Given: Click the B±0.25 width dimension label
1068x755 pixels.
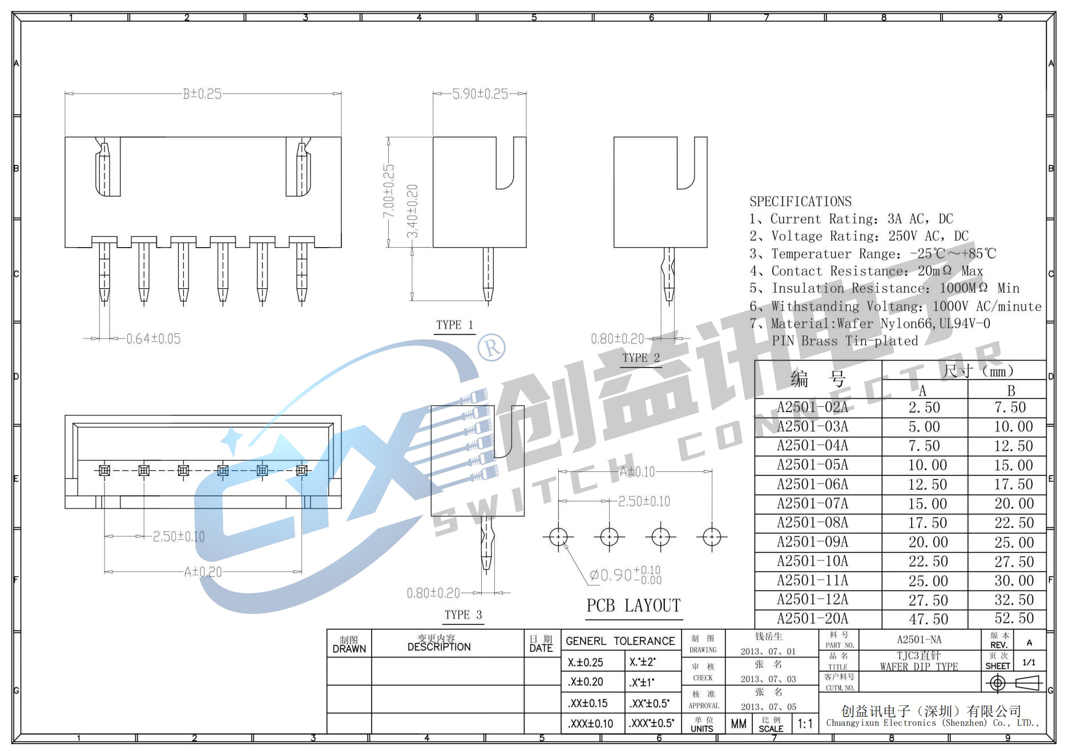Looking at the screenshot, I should coord(202,94).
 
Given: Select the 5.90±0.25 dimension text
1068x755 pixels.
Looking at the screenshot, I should coord(479,94).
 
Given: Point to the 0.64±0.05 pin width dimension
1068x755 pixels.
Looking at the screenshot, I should coord(153,339).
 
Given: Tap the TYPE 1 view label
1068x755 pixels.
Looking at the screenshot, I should coord(454,325).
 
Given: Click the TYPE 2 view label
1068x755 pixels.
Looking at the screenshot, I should coord(640,358).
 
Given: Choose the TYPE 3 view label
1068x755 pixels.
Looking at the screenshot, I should coord(463,615).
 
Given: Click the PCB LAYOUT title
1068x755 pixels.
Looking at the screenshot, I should coord(634,605).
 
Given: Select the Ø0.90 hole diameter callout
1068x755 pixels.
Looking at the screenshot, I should coord(624,575).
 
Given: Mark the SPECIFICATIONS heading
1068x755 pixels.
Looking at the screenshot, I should coord(800,201).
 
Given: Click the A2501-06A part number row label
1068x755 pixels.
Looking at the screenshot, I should coord(812,485).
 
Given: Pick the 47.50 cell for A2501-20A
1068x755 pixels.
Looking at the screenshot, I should coord(928,619).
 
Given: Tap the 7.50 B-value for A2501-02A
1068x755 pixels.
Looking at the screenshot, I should coord(1010,407).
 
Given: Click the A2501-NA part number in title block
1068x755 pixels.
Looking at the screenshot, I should coord(919,640).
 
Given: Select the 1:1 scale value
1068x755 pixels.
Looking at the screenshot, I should coord(805,724).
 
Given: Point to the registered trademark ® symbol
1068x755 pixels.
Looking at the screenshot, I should coord(491,347).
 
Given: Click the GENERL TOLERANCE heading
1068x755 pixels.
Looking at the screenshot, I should coord(620,641).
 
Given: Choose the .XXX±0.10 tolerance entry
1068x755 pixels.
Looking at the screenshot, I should coord(590,724).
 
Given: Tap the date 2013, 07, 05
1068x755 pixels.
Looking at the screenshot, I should coord(768,706).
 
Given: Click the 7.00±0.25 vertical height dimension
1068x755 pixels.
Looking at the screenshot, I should coord(388,191).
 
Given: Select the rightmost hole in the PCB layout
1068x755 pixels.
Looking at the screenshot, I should coord(712,537).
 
